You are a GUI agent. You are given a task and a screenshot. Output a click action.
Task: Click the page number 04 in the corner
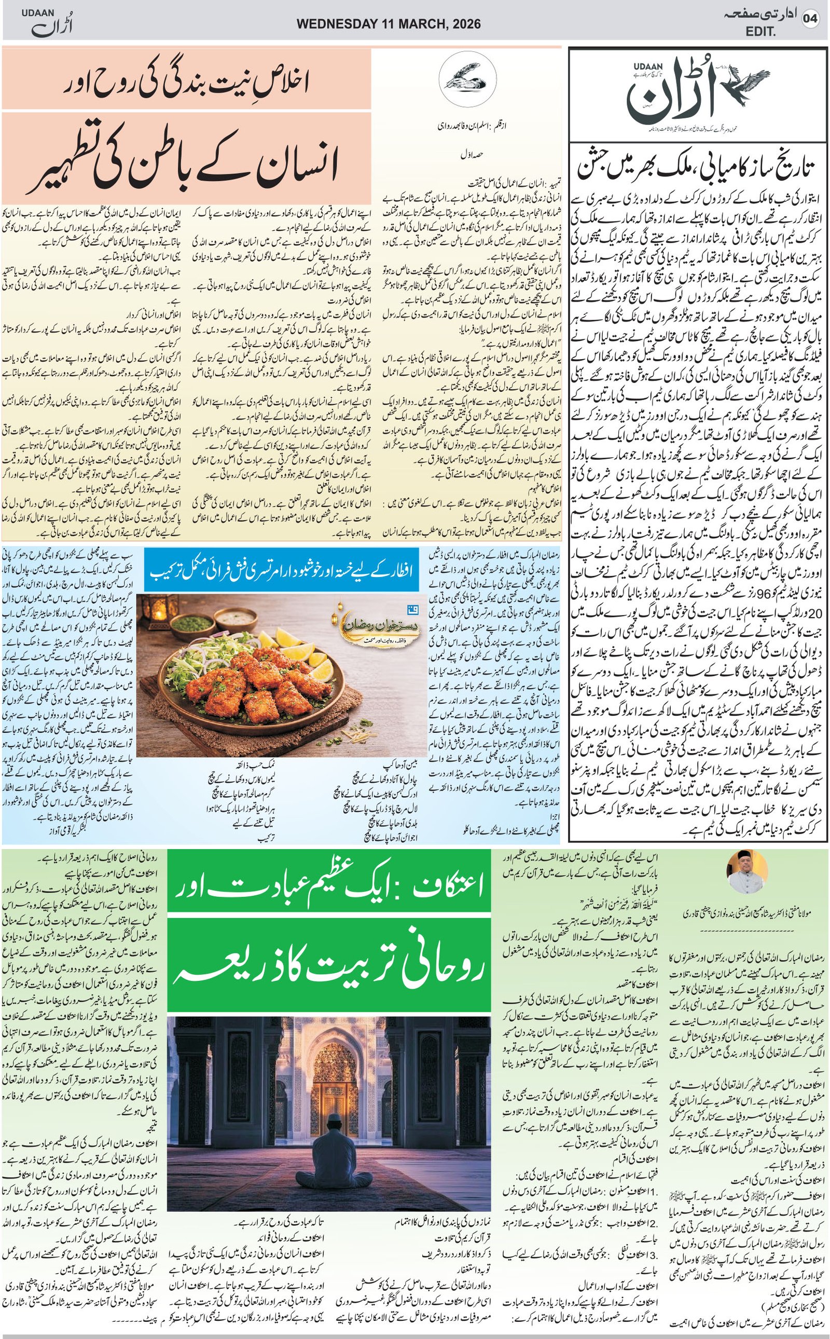click(810, 19)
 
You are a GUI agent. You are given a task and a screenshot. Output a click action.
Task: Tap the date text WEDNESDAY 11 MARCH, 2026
click(389, 24)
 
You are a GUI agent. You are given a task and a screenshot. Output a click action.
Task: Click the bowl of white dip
click(237, 620)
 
